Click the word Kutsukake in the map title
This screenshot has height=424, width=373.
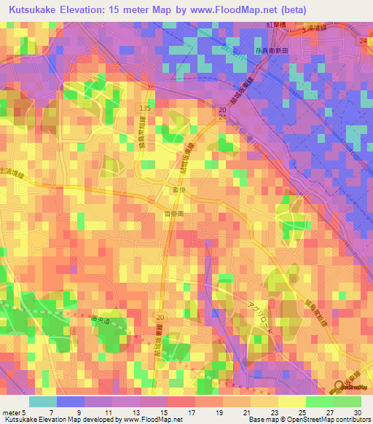(x=36, y=10)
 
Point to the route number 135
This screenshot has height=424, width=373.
(x=145, y=108)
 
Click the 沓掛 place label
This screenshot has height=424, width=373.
(x=178, y=189)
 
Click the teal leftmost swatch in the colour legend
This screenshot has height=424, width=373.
(x=42, y=401)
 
